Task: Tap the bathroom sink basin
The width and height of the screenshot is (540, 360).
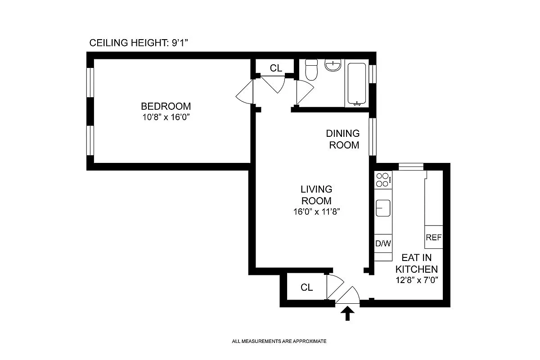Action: pyautogui.click(x=333, y=66)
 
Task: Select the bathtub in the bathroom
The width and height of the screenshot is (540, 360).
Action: pyautogui.click(x=356, y=84)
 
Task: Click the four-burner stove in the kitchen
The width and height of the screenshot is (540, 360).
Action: pyautogui.click(x=382, y=180)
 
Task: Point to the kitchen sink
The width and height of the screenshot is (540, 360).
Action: pyautogui.click(x=383, y=208)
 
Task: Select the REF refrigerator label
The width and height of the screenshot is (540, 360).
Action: pyautogui.click(x=433, y=237)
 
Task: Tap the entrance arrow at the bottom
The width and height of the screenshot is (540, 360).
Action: pyautogui.click(x=347, y=313)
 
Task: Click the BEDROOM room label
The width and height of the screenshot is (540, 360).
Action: pyautogui.click(x=166, y=107)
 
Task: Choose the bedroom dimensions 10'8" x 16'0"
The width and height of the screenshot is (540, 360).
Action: pyautogui.click(x=166, y=117)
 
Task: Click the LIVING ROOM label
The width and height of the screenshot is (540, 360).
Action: pyautogui.click(x=316, y=195)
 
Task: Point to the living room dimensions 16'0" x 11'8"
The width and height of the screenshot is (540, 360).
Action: pyautogui.click(x=316, y=211)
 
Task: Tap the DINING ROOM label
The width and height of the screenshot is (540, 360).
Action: pyautogui.click(x=343, y=139)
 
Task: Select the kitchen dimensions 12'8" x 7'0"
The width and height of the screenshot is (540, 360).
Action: pyautogui.click(x=416, y=279)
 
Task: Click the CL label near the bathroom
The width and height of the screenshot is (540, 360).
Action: pyautogui.click(x=276, y=68)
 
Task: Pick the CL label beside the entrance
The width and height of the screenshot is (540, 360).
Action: pyautogui.click(x=306, y=288)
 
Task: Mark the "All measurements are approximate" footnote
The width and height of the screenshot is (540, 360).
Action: pyautogui.click(x=279, y=342)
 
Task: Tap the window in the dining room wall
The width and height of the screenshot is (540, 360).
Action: pyautogui.click(x=372, y=136)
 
